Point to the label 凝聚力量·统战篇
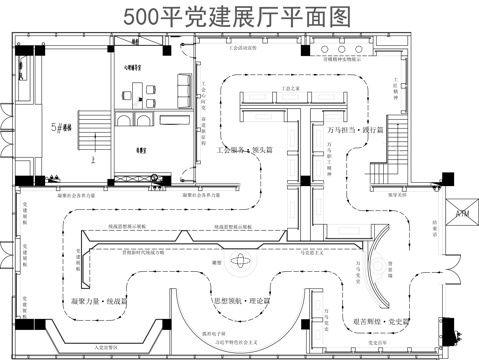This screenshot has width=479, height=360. coord(100,300)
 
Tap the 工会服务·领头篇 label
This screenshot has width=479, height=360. coord(246,150)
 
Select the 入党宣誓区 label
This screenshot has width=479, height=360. coord(107,343)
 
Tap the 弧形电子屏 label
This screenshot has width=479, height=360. coord(230,335)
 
